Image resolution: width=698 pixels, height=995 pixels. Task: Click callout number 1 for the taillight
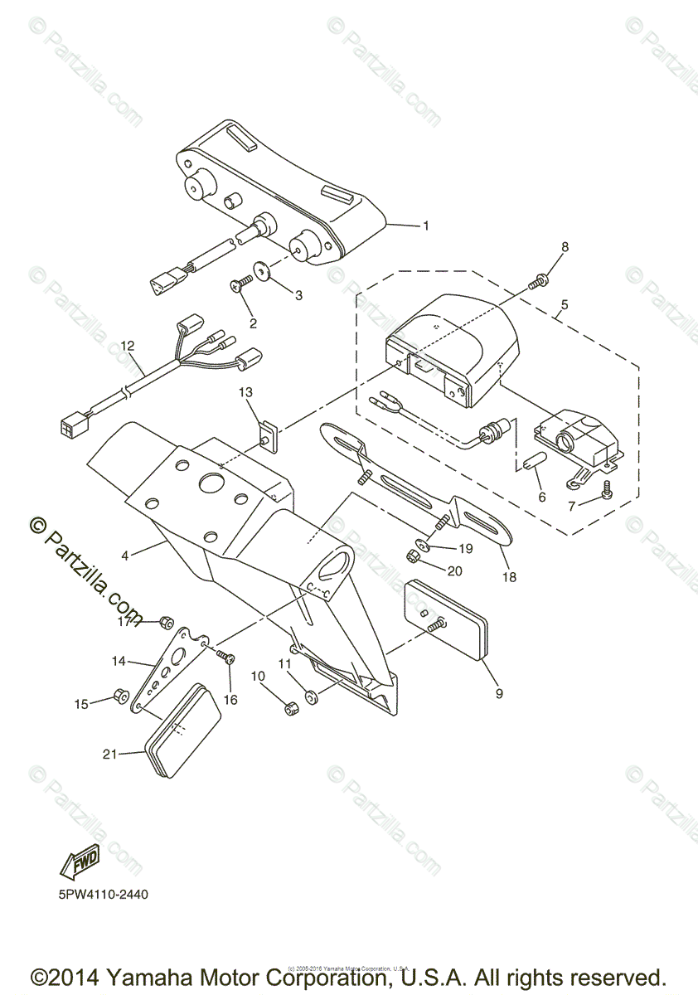click(x=426, y=226)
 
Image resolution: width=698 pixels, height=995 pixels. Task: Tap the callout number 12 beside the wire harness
click(x=127, y=345)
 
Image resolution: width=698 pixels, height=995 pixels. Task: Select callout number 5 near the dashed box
click(x=564, y=304)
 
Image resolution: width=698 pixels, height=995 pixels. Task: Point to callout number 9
click(x=499, y=693)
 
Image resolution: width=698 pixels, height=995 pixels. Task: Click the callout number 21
click(x=109, y=754)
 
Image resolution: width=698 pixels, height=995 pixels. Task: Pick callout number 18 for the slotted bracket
click(x=509, y=577)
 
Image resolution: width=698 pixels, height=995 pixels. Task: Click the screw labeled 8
click(x=537, y=283)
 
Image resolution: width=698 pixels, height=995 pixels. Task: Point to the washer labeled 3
click(x=263, y=270)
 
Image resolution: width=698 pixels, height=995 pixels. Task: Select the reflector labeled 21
click(x=184, y=726)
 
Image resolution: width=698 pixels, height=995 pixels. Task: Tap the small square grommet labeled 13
click(x=267, y=434)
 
